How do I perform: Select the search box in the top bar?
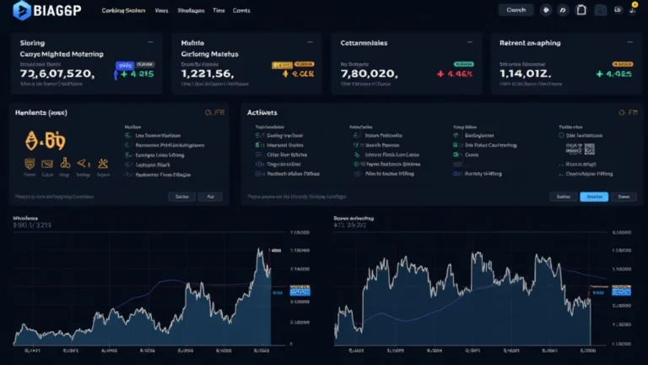(516, 10)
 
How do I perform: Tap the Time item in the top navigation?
(219, 11)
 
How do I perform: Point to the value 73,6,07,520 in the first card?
(57, 74)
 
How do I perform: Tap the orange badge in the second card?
(280, 64)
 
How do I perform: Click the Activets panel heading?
(262, 112)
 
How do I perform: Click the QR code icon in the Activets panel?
(590, 148)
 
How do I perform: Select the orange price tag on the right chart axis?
(598, 288)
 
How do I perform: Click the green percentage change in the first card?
(137, 74)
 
